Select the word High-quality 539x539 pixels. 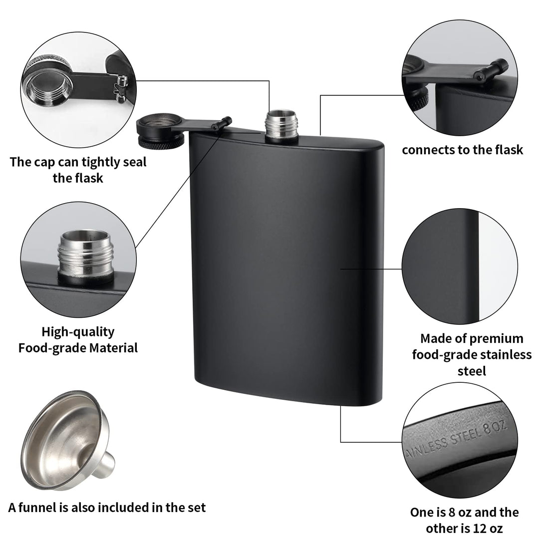pos(78,331)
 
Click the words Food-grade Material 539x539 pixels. pos(78,347)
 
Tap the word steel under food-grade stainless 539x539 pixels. pos(472,371)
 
